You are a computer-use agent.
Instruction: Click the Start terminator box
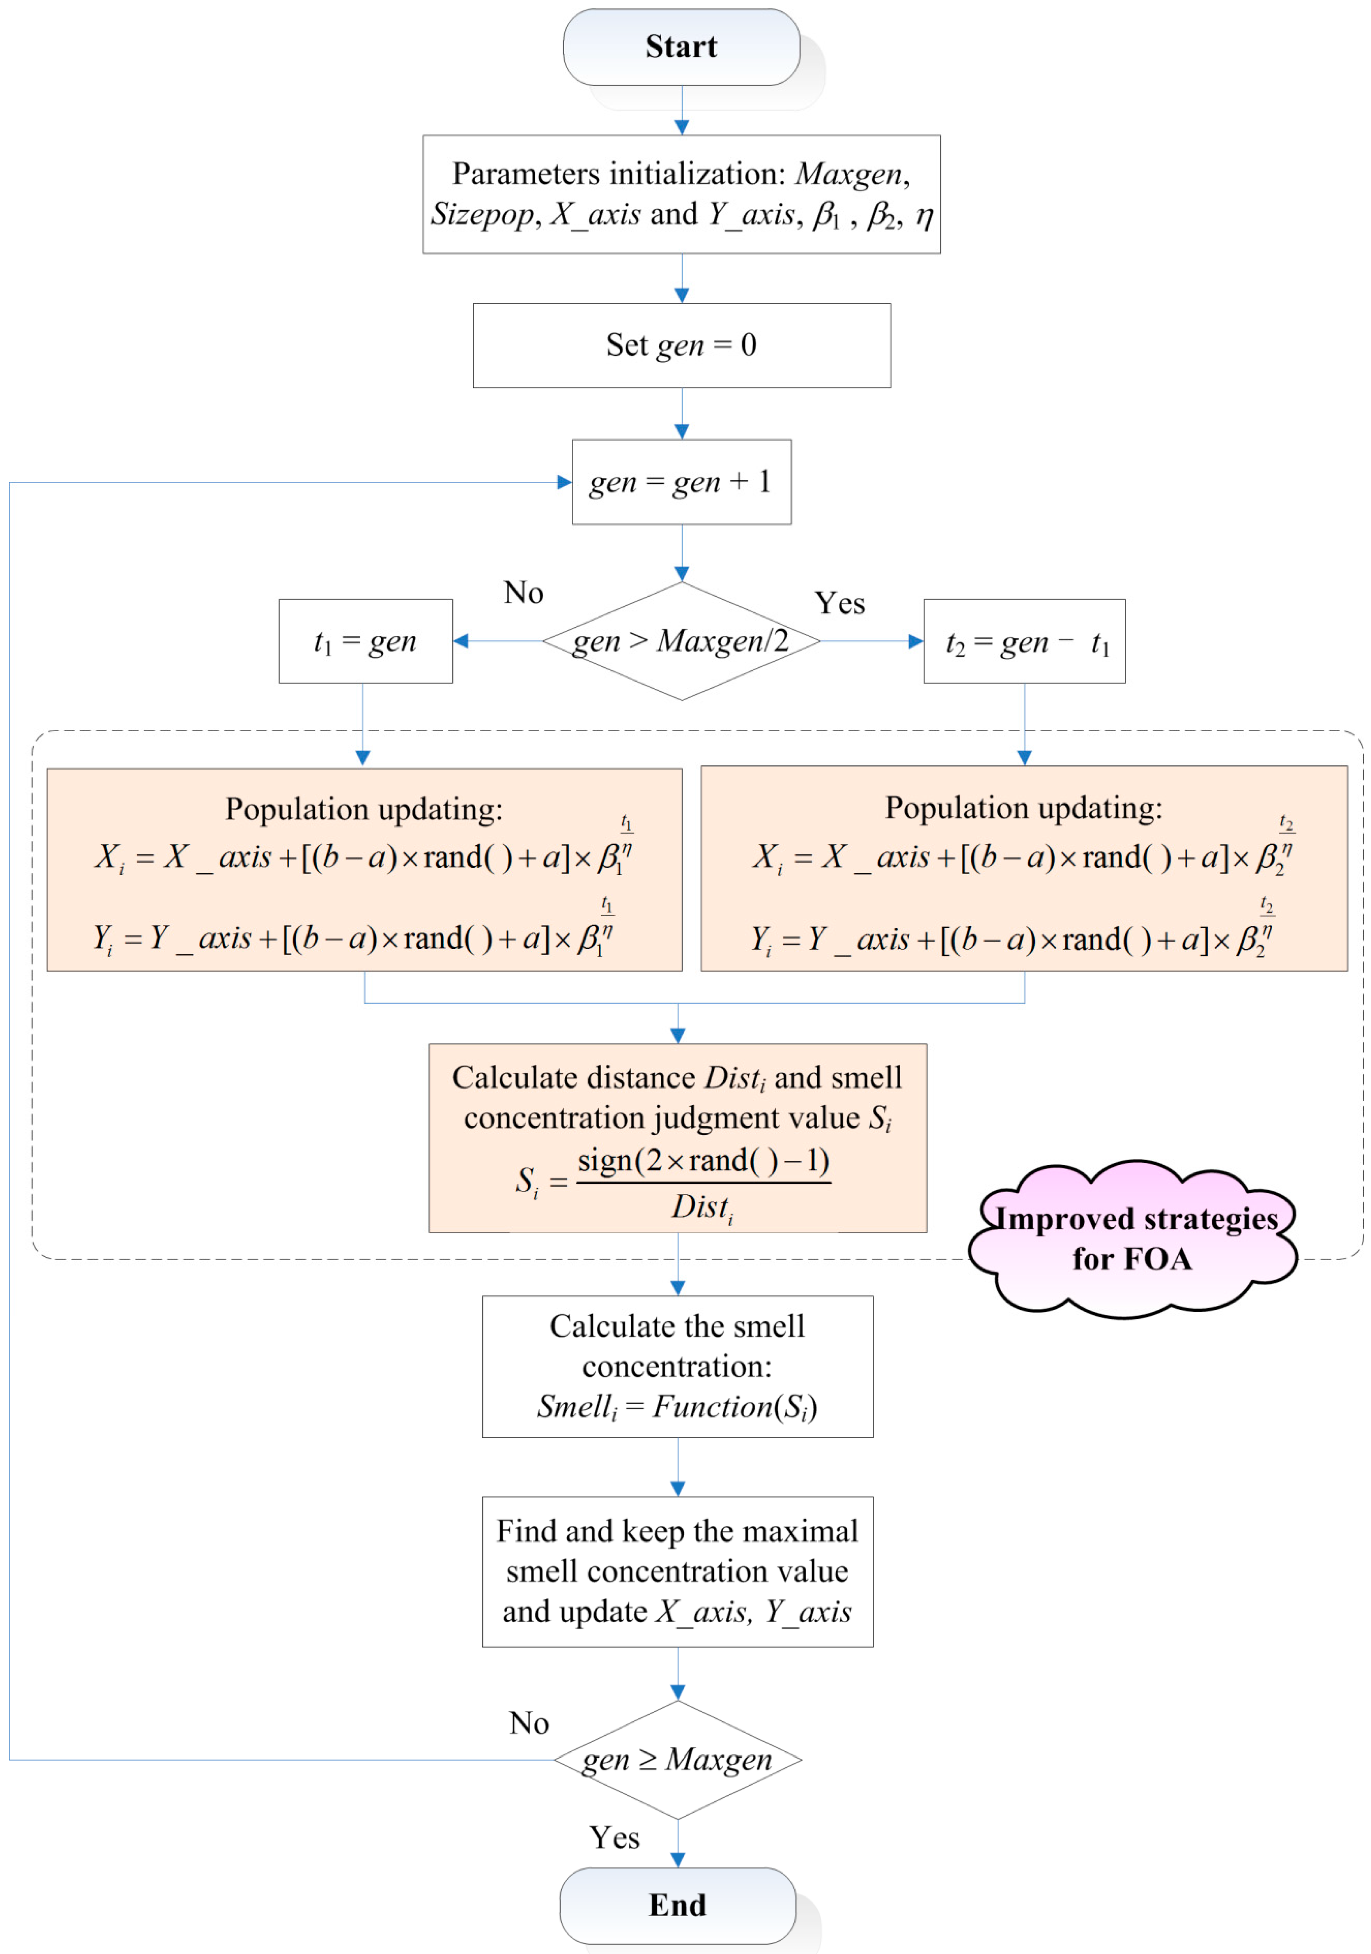[x=681, y=47]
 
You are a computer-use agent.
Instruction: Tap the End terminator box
[x=677, y=1905]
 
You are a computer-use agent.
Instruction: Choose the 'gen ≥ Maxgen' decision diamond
[x=677, y=1759]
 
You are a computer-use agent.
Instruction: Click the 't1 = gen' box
[x=365, y=641]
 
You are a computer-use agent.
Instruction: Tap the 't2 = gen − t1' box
[x=1024, y=641]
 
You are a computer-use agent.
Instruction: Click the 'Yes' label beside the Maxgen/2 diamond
[x=839, y=603]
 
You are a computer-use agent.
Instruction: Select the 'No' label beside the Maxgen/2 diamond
[x=524, y=592]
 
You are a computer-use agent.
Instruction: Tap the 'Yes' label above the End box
[x=614, y=1837]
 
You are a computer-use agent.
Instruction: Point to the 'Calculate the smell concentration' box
[x=677, y=1366]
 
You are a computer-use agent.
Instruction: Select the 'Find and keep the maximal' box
[x=677, y=1571]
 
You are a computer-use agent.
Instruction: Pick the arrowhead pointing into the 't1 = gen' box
[x=460, y=641]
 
